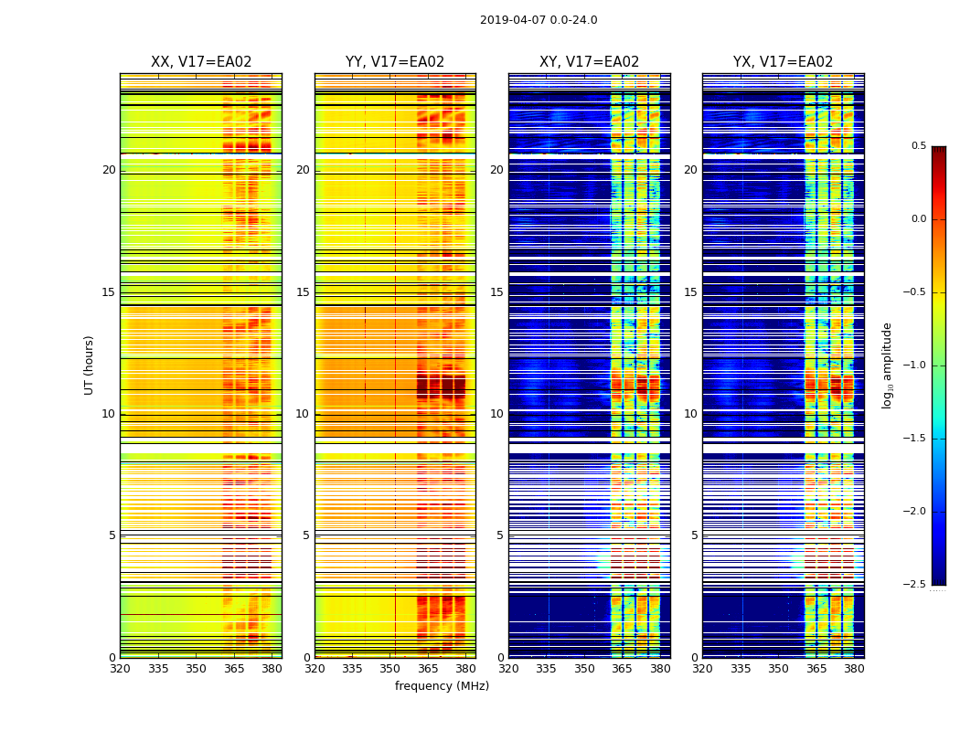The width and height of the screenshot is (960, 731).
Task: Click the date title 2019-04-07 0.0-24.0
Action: [x=539, y=20]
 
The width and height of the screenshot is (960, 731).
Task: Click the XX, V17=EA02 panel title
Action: [x=201, y=62]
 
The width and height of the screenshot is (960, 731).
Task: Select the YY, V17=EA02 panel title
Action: [x=395, y=62]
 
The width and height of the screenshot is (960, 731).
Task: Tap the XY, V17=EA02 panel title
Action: [x=589, y=62]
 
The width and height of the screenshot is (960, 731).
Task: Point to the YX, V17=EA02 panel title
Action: [x=783, y=62]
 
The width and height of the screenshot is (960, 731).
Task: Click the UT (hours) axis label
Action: [x=89, y=365]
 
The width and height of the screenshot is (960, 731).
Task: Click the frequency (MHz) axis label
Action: [x=442, y=686]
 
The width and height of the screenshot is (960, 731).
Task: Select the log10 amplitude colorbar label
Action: [x=887, y=365]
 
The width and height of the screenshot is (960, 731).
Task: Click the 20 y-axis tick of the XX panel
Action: [x=109, y=170]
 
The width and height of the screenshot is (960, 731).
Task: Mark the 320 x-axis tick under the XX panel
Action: [x=120, y=669]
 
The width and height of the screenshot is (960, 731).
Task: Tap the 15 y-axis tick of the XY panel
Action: [x=496, y=292]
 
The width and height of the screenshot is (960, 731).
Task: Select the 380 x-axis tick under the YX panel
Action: [x=854, y=669]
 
